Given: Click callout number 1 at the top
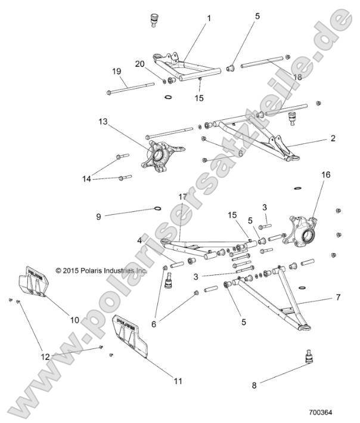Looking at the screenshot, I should point(209,18).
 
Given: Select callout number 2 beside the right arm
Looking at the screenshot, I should point(333,138).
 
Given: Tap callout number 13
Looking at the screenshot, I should point(103,122).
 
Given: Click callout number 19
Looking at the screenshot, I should point(117,71).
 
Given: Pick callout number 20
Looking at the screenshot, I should point(139,64).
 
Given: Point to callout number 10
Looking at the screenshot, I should point(75,320).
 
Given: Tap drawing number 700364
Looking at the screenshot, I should point(321,412).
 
